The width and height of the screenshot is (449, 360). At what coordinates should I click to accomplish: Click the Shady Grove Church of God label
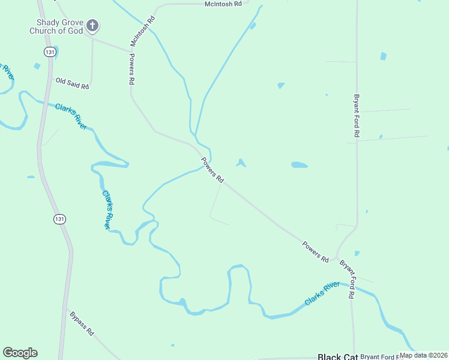coord(55,26)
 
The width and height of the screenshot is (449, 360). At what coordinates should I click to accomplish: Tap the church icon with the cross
coord(92,26)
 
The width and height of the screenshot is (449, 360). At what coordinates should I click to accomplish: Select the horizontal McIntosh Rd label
coord(222,4)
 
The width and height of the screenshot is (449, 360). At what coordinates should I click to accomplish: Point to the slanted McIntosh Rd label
coord(143,31)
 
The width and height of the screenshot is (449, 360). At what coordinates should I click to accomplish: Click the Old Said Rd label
coord(72,83)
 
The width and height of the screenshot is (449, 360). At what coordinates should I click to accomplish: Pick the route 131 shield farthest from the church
coord(59,219)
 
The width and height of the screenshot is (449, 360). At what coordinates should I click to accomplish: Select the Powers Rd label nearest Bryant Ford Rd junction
coord(315,251)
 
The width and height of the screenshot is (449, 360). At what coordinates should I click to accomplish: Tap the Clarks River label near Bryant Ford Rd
coord(323,293)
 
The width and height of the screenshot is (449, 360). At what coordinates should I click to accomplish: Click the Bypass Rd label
coord(82,323)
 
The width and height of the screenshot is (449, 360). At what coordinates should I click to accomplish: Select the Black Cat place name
coord(337,356)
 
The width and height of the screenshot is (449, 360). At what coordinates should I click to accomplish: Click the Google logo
coord(20,353)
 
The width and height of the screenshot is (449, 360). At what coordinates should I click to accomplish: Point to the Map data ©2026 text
coord(424,355)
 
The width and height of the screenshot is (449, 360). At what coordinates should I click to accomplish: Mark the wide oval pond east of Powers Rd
coord(300,164)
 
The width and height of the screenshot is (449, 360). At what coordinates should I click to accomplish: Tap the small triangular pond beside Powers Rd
coord(241,163)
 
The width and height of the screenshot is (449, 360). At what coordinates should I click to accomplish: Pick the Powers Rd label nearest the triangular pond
coord(212,170)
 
